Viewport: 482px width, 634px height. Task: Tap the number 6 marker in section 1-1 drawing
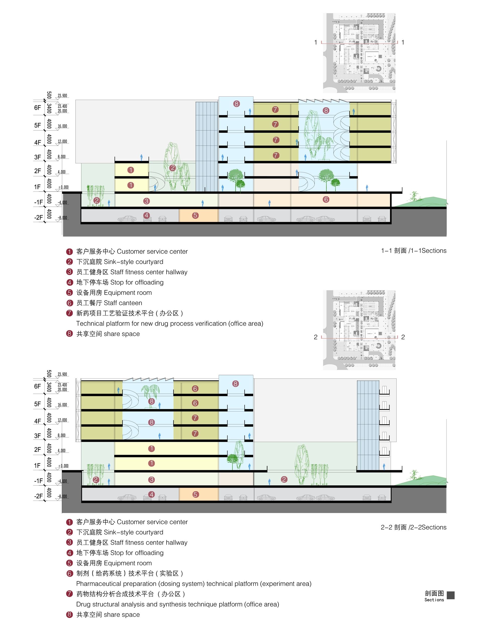(326, 199)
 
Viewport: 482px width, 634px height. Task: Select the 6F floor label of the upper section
(38, 108)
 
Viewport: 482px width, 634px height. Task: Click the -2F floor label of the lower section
(38, 496)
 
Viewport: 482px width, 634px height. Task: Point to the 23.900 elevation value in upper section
(62, 96)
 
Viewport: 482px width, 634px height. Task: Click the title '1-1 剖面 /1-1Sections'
(413, 251)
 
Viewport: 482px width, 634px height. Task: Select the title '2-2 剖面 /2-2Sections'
(413, 527)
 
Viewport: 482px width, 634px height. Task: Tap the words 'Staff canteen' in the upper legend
(123, 303)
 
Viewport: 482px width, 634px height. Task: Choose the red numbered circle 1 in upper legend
(70, 252)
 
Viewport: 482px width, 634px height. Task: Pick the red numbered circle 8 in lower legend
(70, 614)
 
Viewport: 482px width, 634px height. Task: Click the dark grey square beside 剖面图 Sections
(451, 595)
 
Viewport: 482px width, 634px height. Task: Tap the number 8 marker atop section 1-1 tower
(236, 104)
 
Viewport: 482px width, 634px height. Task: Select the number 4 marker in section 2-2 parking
(151, 494)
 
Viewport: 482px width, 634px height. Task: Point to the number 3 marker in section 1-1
(147, 201)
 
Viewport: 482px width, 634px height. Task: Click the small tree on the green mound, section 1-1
(414, 196)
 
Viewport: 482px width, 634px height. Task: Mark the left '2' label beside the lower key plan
(316, 337)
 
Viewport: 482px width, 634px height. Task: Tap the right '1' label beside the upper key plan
(403, 42)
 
